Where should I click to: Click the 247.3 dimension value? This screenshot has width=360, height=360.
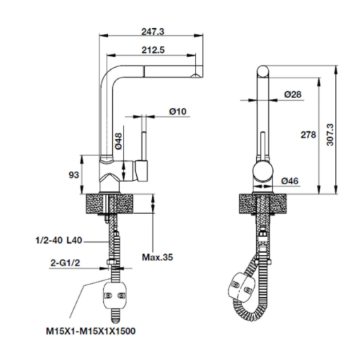point(152,32)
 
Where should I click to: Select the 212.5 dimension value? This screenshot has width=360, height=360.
point(153,50)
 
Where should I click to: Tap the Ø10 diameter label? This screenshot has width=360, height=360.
point(178,112)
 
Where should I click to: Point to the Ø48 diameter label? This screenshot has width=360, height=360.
point(119,141)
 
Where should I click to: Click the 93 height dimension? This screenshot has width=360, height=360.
point(73,175)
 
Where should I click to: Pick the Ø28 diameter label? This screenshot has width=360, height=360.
point(293,95)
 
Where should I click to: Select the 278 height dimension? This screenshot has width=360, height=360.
point(308,135)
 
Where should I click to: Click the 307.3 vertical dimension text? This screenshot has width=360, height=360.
point(330,135)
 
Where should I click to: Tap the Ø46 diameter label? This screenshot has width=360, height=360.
point(289,181)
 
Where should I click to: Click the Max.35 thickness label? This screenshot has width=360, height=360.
point(157,257)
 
